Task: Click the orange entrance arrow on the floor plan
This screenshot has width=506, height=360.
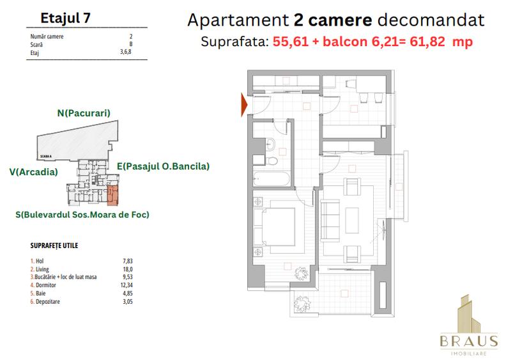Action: pyautogui.click(x=243, y=105)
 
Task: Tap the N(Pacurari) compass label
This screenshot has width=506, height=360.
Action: pyautogui.click(x=84, y=113)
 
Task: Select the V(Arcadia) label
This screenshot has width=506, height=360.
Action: pyautogui.click(x=33, y=171)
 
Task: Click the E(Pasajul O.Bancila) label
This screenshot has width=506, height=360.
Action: pyautogui.click(x=163, y=166)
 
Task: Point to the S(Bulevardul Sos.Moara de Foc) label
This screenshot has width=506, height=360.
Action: pyautogui.click(x=82, y=215)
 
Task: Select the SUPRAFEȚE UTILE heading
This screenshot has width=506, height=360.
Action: pyautogui.click(x=54, y=246)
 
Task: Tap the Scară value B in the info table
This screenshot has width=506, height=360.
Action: pyautogui.click(x=130, y=45)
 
